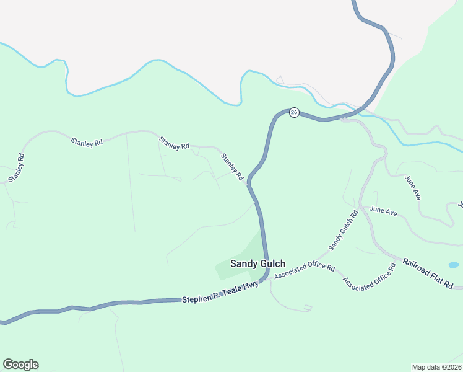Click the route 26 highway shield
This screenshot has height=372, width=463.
point(294,113)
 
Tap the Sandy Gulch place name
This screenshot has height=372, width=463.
point(257,263)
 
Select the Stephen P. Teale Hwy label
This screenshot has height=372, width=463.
point(220,292)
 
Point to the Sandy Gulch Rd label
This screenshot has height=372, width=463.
point(344,231)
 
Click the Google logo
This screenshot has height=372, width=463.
point(20,365)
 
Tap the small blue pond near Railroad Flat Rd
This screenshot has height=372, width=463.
point(454,265)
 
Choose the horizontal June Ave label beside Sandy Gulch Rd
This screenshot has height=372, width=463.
point(383,211)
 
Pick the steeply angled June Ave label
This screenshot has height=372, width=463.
point(413,187)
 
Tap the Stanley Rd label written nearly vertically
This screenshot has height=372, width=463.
point(16,167)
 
